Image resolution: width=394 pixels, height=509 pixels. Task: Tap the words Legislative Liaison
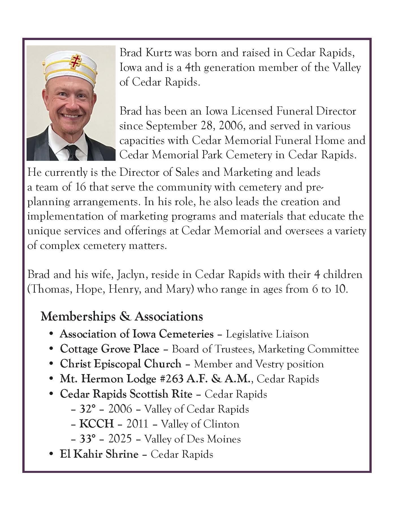[267, 334]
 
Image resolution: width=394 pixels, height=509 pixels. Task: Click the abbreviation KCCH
[97, 424]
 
